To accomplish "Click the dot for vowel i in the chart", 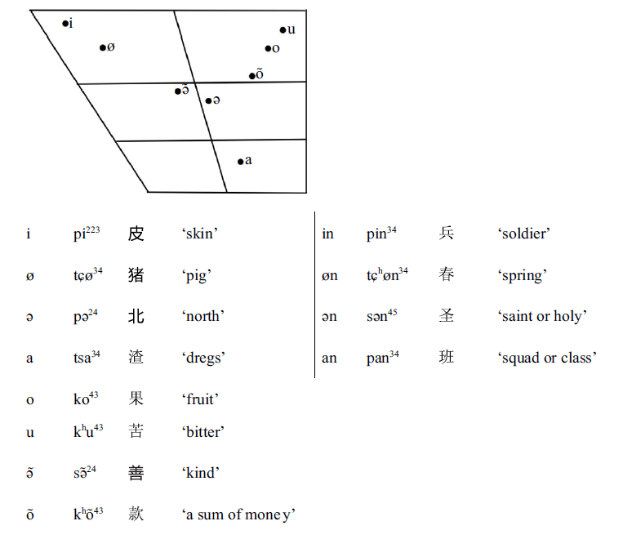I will pyautogui.click(x=65, y=24).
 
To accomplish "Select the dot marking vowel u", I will pyautogui.click(x=283, y=30).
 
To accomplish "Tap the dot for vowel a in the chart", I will pyautogui.click(x=240, y=162).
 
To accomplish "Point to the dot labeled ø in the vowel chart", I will pyautogui.click(x=103, y=47).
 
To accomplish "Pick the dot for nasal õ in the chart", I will pyautogui.click(x=252, y=76).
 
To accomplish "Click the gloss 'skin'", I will pyautogui.click(x=200, y=234).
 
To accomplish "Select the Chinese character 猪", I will pyautogui.click(x=136, y=275).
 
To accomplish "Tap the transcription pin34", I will pyautogui.click(x=381, y=234).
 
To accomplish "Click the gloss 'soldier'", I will pyautogui.click(x=523, y=234).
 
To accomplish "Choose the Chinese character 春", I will pyautogui.click(x=446, y=274).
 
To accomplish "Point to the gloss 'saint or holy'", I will pyautogui.click(x=542, y=317).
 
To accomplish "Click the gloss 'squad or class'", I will pyautogui.click(x=547, y=358).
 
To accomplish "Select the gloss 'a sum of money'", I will pyautogui.click(x=238, y=514).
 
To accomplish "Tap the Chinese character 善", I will pyautogui.click(x=136, y=473).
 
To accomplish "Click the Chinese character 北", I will pyautogui.click(x=136, y=316).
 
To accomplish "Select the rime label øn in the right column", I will pyautogui.click(x=329, y=276).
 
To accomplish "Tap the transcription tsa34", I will pyautogui.click(x=88, y=357).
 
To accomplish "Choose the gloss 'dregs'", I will pyautogui.click(x=203, y=358).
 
